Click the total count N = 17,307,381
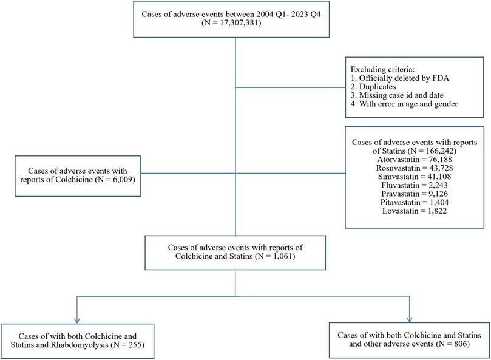[x=231, y=23]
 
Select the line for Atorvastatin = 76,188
[x=415, y=160]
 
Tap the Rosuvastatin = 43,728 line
[x=415, y=168]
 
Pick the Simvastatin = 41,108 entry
[x=415, y=177]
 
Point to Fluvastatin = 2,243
[x=415, y=185]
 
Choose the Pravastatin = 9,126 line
[x=415, y=194]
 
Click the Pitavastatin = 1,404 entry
[x=415, y=202]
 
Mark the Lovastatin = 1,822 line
[x=415, y=211]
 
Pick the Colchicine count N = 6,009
[x=115, y=180]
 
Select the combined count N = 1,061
[x=275, y=256]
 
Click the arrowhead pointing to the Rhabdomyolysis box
[x=77, y=321]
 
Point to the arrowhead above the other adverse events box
[x=409, y=319]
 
